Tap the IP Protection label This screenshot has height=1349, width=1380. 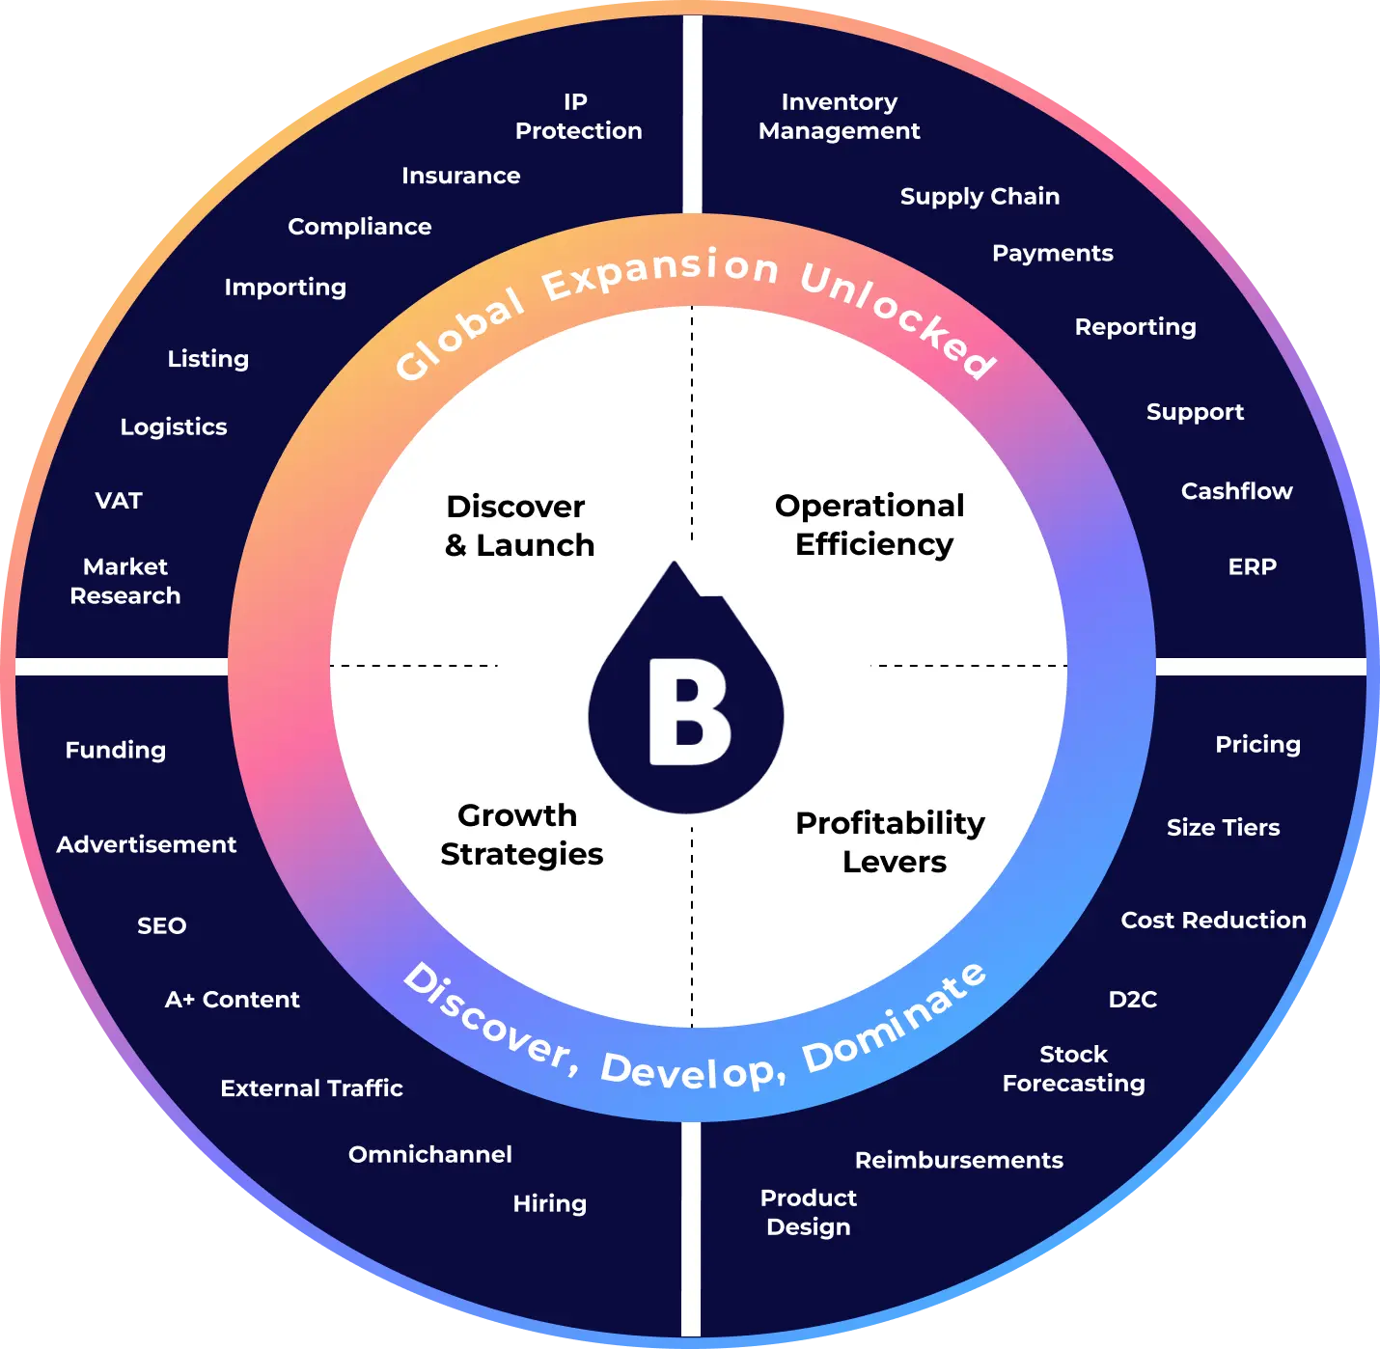tap(578, 117)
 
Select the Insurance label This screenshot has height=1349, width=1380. tap(460, 176)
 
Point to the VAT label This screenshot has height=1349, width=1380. tap(119, 501)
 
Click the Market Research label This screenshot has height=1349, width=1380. tap(125, 581)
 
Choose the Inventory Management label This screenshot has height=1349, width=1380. tap(840, 117)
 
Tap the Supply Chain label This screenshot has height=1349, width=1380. tap(980, 196)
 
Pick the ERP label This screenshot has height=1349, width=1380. tap(1252, 566)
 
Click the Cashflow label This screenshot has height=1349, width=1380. tap(1236, 491)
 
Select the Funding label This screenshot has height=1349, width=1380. tap(116, 750)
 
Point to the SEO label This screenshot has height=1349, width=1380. tap(161, 925)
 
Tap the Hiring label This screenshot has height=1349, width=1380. tap(549, 1203)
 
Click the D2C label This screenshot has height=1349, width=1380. tap(1132, 999)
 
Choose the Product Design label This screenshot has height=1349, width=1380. tap(809, 1212)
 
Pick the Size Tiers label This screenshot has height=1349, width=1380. tap(1223, 827)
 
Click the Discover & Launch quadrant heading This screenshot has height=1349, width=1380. tap(518, 526)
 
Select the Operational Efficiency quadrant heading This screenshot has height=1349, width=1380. tap(871, 525)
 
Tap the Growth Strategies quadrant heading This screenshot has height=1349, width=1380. tap(521, 835)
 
